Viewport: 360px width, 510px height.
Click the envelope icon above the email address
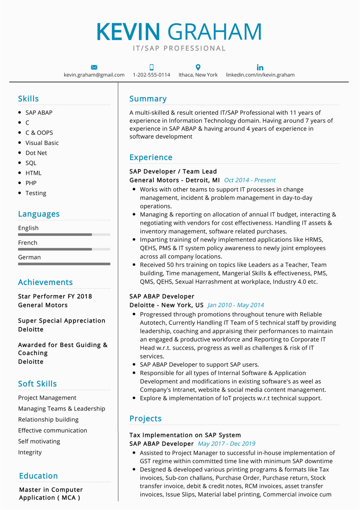point(94,67)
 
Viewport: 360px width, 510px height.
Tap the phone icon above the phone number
point(151,67)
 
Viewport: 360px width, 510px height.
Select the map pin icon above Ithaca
point(198,67)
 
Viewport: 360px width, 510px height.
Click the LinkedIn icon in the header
point(260,67)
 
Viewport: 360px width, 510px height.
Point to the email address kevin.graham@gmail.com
point(94,75)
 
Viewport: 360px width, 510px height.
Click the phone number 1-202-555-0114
point(151,75)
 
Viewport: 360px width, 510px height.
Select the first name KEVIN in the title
point(128,32)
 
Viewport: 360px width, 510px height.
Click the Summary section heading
point(148,99)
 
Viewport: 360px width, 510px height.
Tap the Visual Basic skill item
point(42,143)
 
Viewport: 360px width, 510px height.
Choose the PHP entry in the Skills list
point(31,183)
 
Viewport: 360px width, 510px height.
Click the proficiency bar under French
point(64,249)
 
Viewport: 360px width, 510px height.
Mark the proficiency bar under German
point(64,264)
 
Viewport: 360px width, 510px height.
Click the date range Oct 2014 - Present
point(250,180)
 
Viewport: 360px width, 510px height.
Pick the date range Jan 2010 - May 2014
point(235,305)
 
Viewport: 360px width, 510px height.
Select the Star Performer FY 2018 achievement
point(55,296)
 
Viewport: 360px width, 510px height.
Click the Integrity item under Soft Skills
point(30,452)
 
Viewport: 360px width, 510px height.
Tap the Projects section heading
point(145,418)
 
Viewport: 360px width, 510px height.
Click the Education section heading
point(38,476)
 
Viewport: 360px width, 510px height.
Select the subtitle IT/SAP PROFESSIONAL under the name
point(179,49)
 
